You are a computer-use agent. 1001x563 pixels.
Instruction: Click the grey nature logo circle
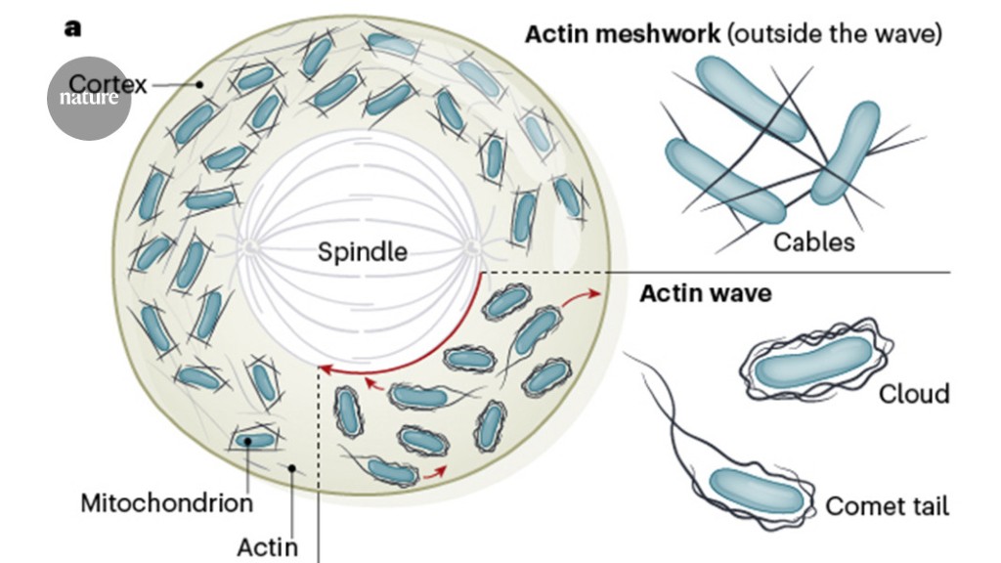[x=88, y=98]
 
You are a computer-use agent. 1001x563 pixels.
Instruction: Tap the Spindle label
[x=363, y=252]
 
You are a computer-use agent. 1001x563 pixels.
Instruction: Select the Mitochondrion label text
[x=166, y=504]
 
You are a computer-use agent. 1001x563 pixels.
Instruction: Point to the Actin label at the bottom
[x=267, y=547]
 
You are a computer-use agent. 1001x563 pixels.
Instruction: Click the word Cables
[x=814, y=241]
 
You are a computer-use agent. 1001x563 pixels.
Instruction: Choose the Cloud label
[x=913, y=394]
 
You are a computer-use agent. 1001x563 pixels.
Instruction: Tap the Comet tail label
[x=887, y=505]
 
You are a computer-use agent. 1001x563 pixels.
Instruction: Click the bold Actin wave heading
[x=705, y=293]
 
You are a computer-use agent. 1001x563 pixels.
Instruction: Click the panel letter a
[x=72, y=28]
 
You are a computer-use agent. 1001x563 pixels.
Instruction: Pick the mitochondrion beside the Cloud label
[x=811, y=368]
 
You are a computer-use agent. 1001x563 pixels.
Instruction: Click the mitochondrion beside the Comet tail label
[x=757, y=492]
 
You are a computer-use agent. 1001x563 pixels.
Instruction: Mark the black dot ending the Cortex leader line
[x=198, y=85]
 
